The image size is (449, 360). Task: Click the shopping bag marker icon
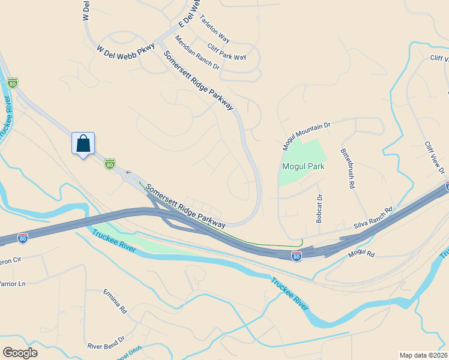coord(83,144)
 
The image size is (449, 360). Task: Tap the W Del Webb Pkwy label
coord(125,51)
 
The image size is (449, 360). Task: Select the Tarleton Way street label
coord(214,28)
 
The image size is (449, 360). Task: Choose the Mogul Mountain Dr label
coord(306,137)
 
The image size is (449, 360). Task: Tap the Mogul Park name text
coord(304,166)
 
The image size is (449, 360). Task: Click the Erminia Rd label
coord(115,302)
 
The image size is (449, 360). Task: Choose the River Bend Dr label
coord(106,343)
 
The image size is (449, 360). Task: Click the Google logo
coord(20,352)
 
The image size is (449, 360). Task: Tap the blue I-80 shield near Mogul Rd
coord(296,256)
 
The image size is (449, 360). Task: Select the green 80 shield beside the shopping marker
coord(109,163)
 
